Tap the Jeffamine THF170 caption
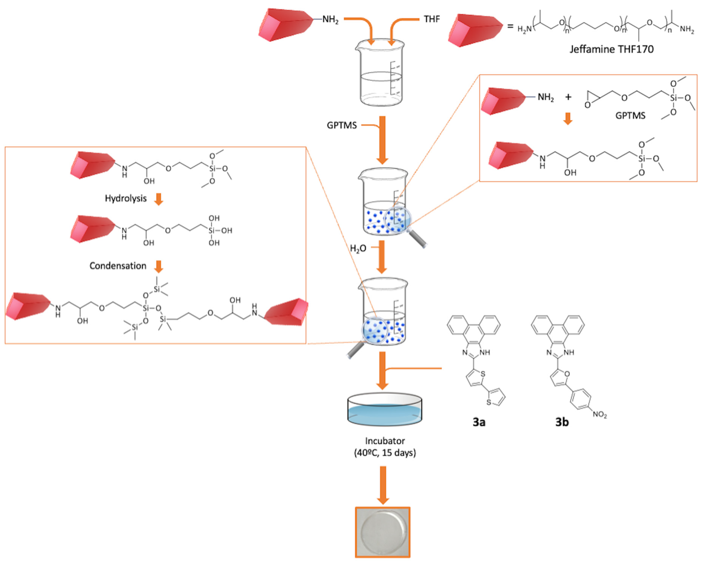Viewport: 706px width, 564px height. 611,49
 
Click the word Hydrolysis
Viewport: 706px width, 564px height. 125,198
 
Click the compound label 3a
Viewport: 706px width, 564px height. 479,422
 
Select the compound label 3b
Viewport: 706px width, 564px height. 562,422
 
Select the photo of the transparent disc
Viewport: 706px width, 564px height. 382,532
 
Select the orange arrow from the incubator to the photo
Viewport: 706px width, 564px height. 382,485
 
